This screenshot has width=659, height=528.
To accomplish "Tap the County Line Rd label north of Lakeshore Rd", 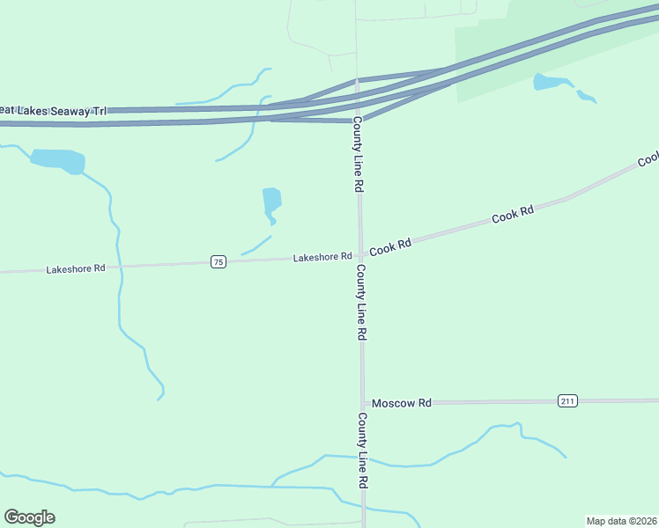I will point(358,155).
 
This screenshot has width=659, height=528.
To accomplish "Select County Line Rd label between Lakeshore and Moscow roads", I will point(360,303).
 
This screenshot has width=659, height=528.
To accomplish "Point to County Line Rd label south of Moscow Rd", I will point(362,451).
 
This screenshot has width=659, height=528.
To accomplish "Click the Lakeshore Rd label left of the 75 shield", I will point(76,268).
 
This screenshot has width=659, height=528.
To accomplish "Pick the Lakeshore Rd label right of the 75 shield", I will point(322,257).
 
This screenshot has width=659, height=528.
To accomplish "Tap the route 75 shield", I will point(218,261).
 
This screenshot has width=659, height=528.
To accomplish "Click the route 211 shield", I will point(567,401).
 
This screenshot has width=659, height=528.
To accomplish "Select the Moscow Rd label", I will point(401,403).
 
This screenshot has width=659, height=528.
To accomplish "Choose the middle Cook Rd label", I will point(513,215).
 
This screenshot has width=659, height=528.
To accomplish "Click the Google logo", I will point(29,517).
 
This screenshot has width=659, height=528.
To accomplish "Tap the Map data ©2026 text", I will point(621,520).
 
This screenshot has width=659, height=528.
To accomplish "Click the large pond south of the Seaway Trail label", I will point(58,161).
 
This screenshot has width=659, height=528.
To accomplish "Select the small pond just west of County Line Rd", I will point(271,202).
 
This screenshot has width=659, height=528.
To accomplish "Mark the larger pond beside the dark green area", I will point(551,83).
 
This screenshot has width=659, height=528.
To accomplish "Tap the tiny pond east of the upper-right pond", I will point(586,96).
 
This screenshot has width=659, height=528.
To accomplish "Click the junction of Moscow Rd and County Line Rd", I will point(361,403).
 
